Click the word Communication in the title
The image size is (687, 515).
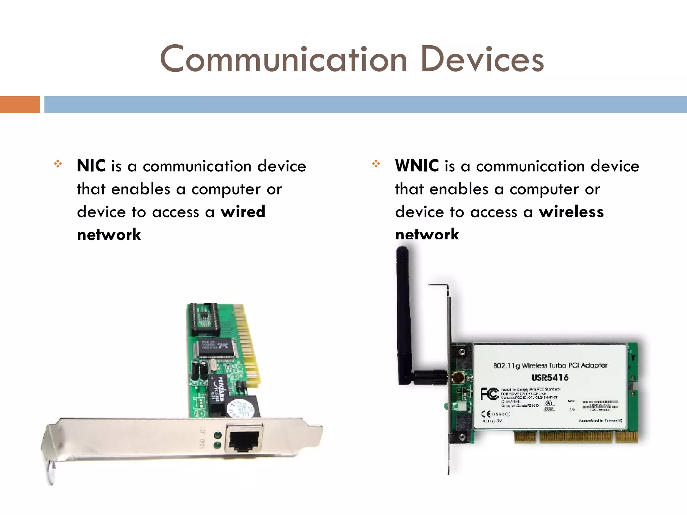pos(283,60)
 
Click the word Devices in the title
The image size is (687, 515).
pos(482,60)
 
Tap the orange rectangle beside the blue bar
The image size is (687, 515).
pos(20,105)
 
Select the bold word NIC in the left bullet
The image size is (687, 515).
pos(91,166)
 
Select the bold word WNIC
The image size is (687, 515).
pos(417,166)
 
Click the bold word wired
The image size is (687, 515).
pos(243,212)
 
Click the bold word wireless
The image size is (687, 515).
pos(571,212)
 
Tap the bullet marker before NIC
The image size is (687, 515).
pos(58,164)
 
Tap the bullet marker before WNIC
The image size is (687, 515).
pos(376,164)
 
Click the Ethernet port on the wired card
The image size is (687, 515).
pos(244,440)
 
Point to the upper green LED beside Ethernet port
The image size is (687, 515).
pos(217,436)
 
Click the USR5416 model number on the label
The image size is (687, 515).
pos(550,378)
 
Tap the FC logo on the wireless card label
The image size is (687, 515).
pos(489,394)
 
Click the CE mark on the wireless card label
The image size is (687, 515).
pos(486,414)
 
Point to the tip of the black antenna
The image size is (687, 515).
pos(402,250)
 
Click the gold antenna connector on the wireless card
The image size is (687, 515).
pos(458,377)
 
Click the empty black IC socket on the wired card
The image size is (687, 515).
pos(204,319)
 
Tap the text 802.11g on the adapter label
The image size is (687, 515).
pos(507,366)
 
